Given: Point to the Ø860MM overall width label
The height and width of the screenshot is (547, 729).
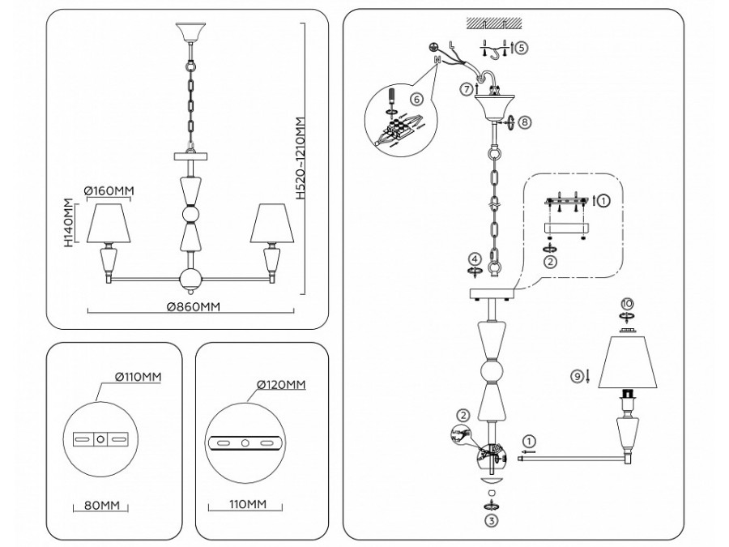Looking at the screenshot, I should point(194,307).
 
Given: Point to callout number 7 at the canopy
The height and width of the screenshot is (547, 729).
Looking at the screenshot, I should point(466,88).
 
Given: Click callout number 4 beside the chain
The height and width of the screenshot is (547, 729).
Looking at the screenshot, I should point(474,260).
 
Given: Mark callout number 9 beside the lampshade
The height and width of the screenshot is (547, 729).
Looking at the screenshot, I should point(578,376).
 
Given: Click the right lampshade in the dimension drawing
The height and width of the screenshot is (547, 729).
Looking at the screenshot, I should point(271,224).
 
